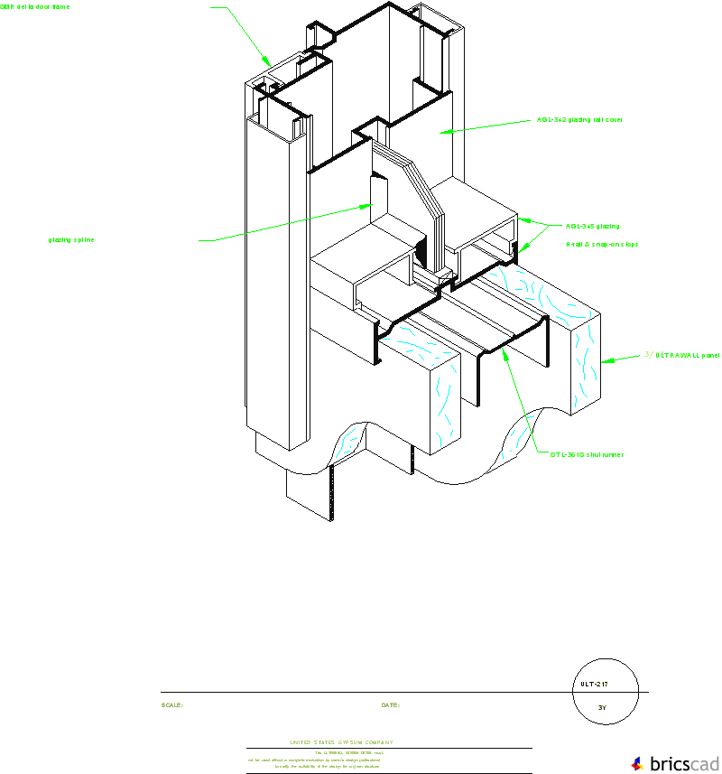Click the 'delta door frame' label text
(34, 6)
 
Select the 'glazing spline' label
(71, 240)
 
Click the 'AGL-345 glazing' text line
(592, 226)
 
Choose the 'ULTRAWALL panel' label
(682, 356)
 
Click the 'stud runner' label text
(587, 454)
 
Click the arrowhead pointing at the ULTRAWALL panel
(606, 361)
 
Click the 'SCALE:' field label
(171, 705)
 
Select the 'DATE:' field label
(390, 705)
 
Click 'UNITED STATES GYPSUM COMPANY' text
(341, 742)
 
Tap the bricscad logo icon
(638, 763)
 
